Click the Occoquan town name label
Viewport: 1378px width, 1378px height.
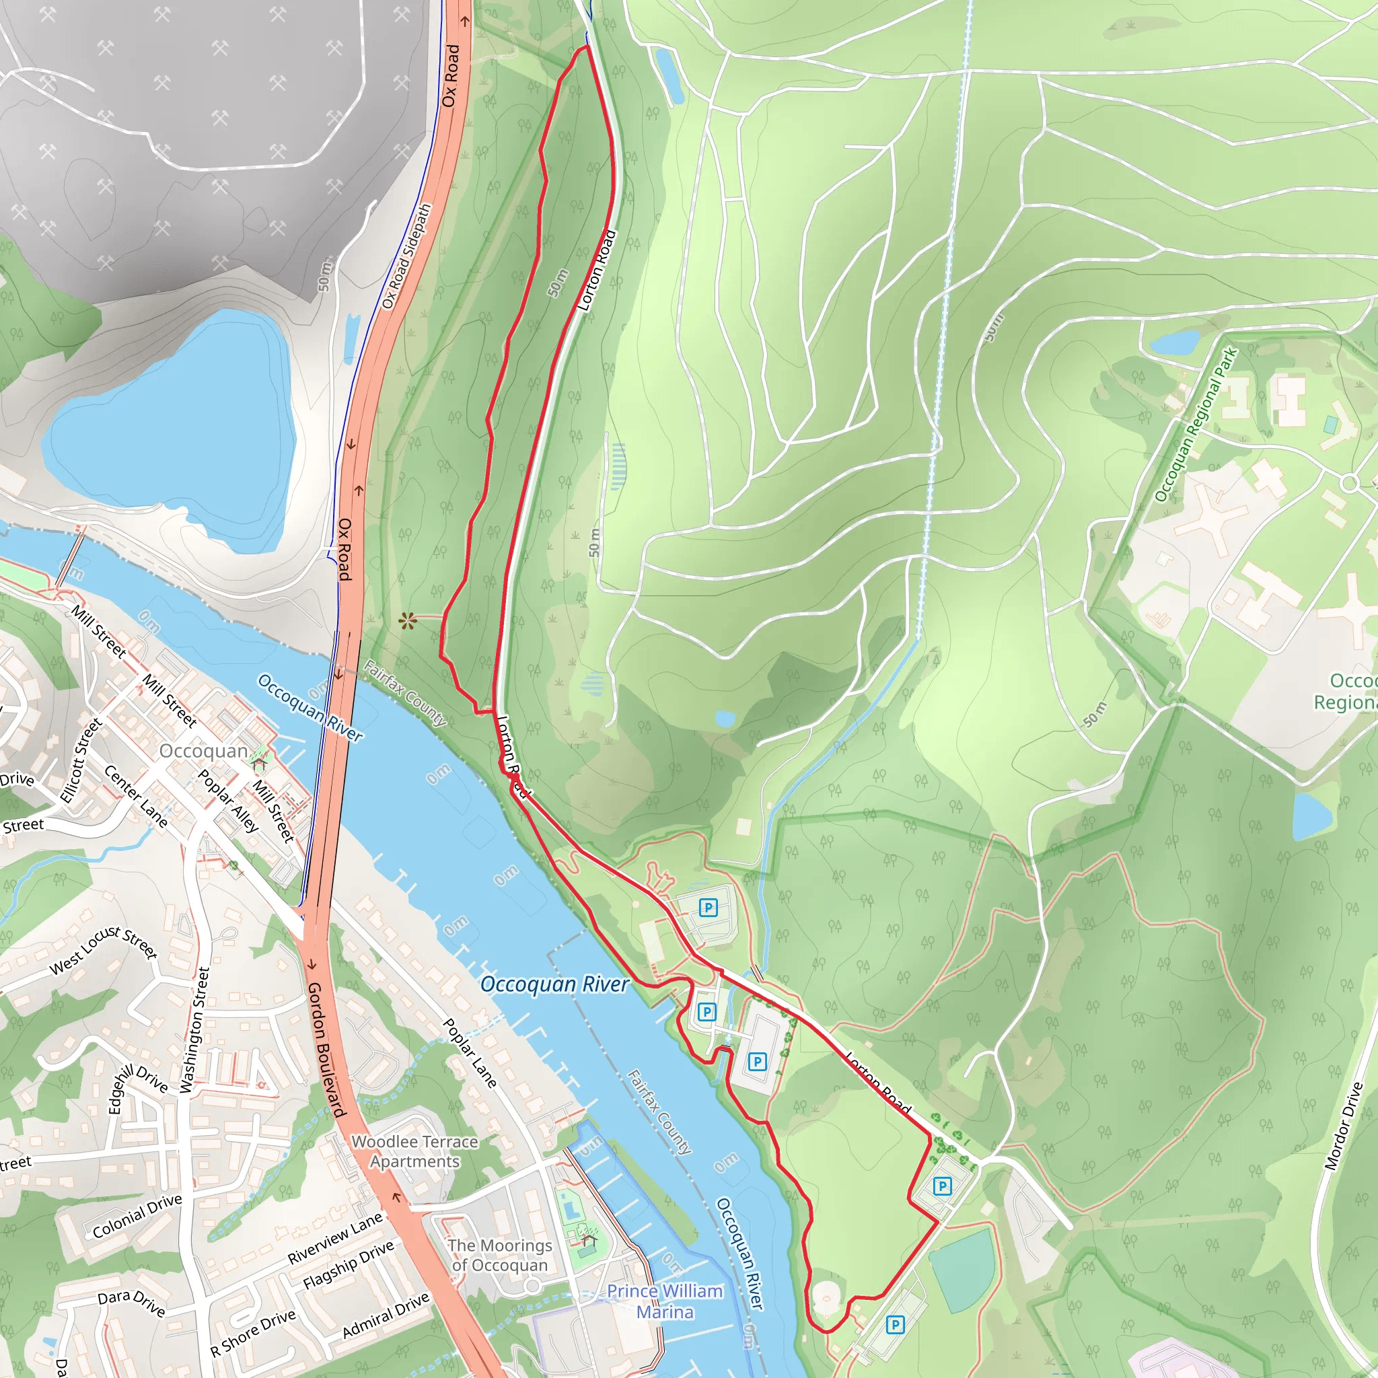coord(203,751)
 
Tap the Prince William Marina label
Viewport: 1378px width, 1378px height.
coord(664,1302)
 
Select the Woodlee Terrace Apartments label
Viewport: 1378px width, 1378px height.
coord(414,1151)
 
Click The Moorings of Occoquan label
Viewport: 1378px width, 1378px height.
coord(499,1256)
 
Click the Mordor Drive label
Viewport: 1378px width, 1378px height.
coord(1343,1126)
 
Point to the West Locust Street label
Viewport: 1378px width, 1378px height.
coord(104,951)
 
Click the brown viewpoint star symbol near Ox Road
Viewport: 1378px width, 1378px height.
coord(407,621)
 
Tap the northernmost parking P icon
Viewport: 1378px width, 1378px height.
coord(708,907)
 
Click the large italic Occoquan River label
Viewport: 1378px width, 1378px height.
coord(554,984)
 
